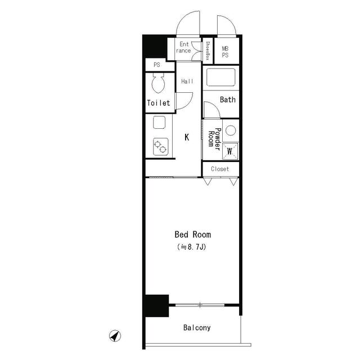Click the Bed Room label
[x=192, y=235]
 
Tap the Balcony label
[x=196, y=327]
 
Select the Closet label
[x=220, y=169]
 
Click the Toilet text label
[x=158, y=103]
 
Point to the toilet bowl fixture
[x=158, y=85]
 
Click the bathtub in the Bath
[x=220, y=76]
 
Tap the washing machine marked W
[x=230, y=151]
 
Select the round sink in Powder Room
[x=230, y=131]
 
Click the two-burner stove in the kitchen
[x=160, y=147]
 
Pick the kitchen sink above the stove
[x=159, y=123]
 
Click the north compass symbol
[x=115, y=336]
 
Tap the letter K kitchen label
[x=187, y=137]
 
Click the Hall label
[x=187, y=82]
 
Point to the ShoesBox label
[x=207, y=51]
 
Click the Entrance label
[x=184, y=47]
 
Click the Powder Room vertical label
[x=213, y=138]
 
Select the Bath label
[x=227, y=100]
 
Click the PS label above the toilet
[x=156, y=65]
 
